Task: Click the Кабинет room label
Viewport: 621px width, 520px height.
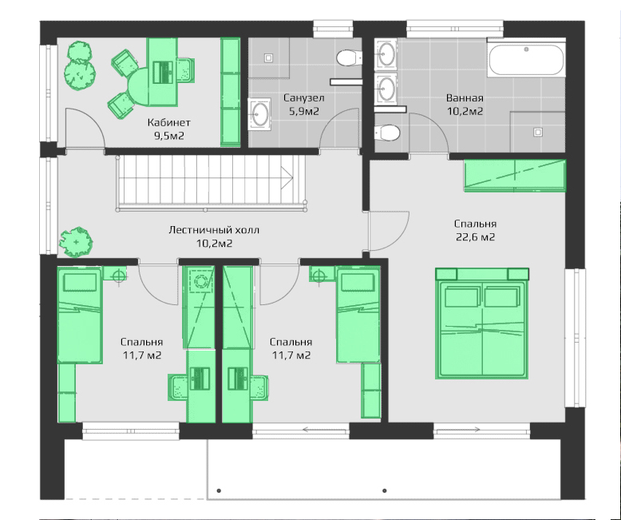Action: click(169, 122)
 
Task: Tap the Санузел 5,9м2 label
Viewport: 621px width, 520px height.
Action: click(304, 105)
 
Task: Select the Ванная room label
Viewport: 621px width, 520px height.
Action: click(465, 97)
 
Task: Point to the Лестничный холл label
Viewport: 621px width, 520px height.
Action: click(214, 230)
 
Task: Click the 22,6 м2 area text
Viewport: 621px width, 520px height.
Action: click(475, 237)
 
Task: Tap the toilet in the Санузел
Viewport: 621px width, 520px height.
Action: click(349, 58)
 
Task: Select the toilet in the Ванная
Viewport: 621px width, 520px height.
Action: click(387, 133)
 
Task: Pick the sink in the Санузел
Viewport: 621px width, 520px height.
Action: click(259, 114)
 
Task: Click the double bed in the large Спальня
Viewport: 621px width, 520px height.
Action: click(482, 323)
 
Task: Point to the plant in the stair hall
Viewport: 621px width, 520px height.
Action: click(76, 241)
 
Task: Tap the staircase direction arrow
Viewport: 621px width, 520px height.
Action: click(287, 177)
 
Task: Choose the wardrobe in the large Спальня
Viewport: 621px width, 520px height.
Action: click(515, 175)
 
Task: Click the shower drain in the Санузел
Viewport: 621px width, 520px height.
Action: click(268, 58)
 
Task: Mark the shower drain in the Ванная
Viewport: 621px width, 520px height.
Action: click(537, 132)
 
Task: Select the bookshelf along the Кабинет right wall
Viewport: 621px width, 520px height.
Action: click(230, 92)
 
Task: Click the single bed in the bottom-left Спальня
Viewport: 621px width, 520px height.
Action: click(80, 315)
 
